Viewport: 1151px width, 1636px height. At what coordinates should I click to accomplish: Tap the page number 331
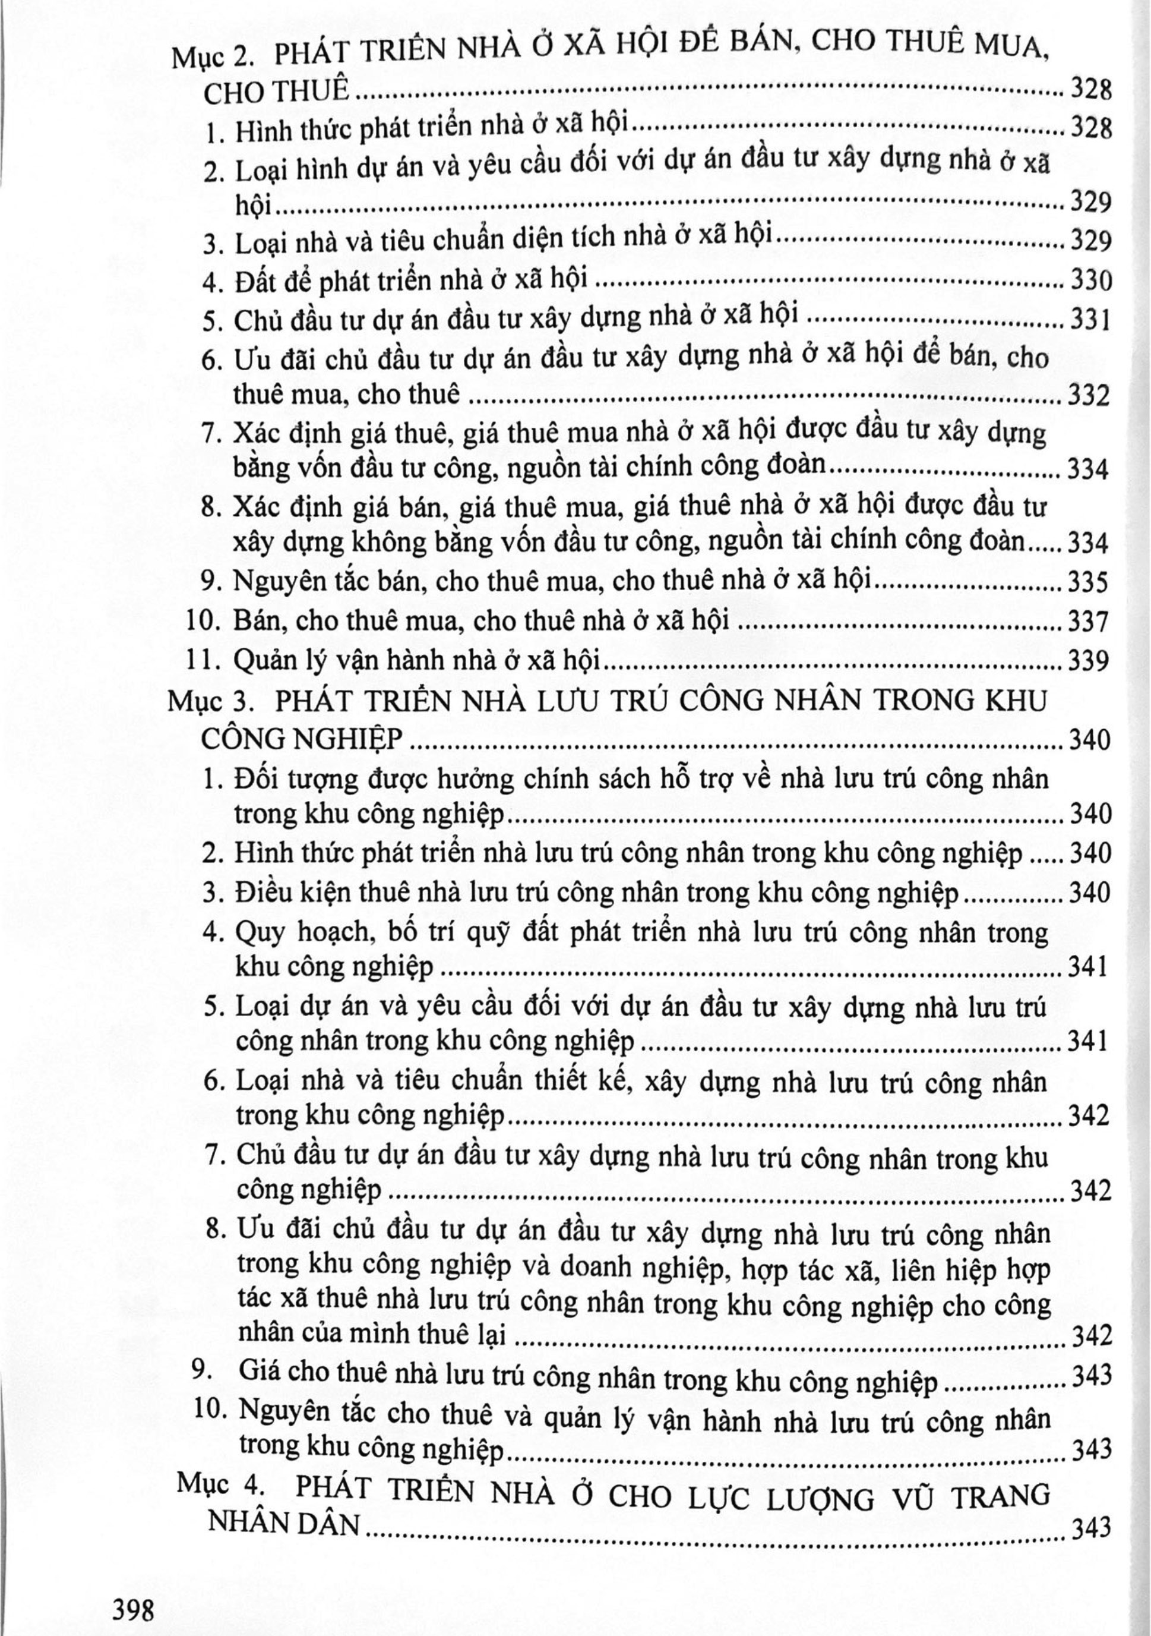pos(1089,321)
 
